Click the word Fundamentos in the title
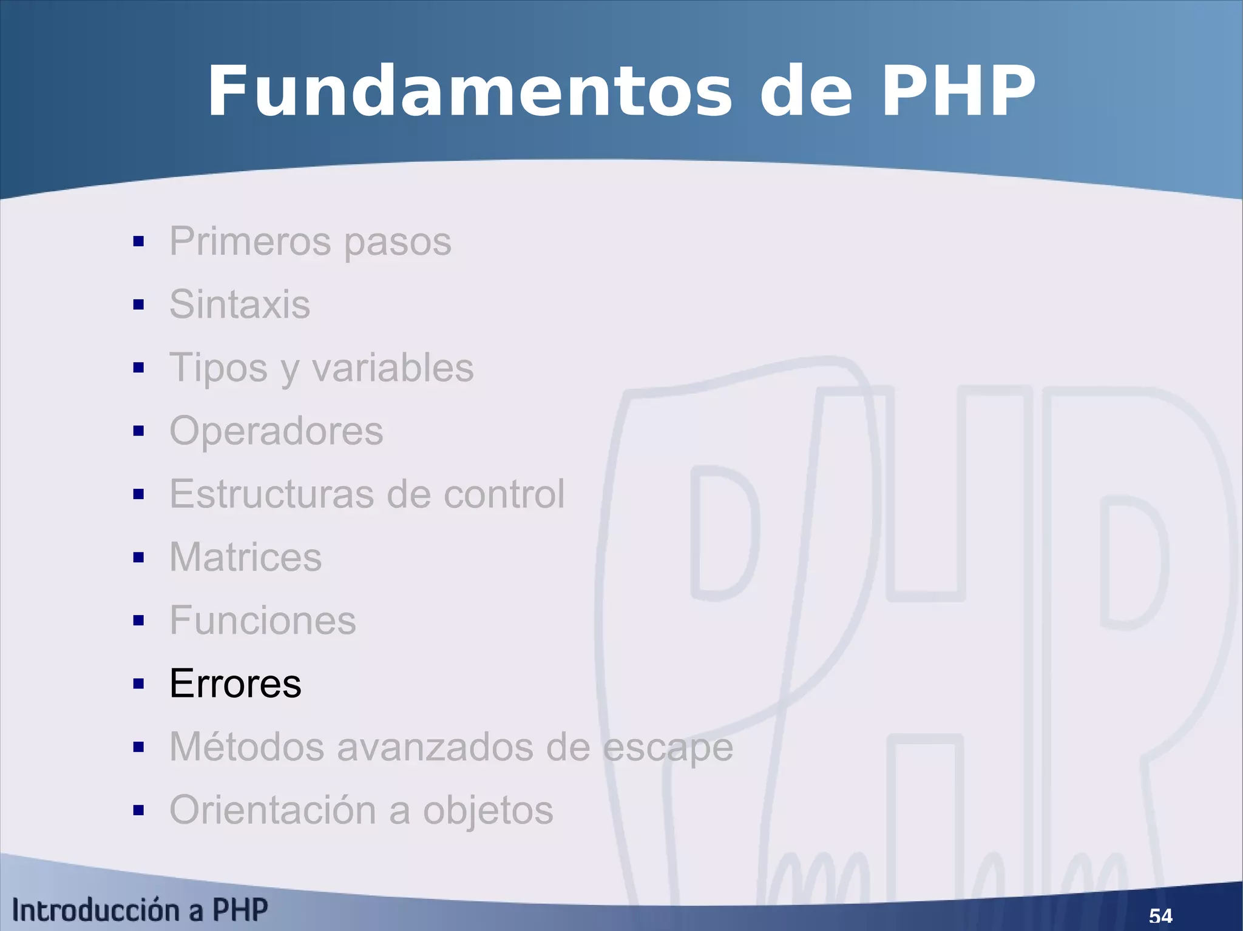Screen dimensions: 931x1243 click(470, 92)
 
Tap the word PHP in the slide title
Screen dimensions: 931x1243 click(957, 92)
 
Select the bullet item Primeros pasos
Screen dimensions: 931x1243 click(310, 241)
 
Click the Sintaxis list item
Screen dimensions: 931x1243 click(240, 304)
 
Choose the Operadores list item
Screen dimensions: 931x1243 click(276, 431)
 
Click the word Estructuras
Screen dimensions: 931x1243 click(272, 494)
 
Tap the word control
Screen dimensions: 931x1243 click(504, 494)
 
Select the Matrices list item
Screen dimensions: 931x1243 click(245, 557)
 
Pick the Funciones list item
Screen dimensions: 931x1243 click(262, 620)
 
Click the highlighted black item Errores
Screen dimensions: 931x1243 click(235, 684)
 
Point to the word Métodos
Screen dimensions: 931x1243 click(246, 747)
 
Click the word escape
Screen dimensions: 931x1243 click(668, 748)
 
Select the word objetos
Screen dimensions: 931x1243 click(488, 811)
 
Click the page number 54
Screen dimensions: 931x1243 click(1160, 915)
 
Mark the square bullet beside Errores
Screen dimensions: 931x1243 click(138, 684)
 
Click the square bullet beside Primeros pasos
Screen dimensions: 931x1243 click(138, 242)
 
